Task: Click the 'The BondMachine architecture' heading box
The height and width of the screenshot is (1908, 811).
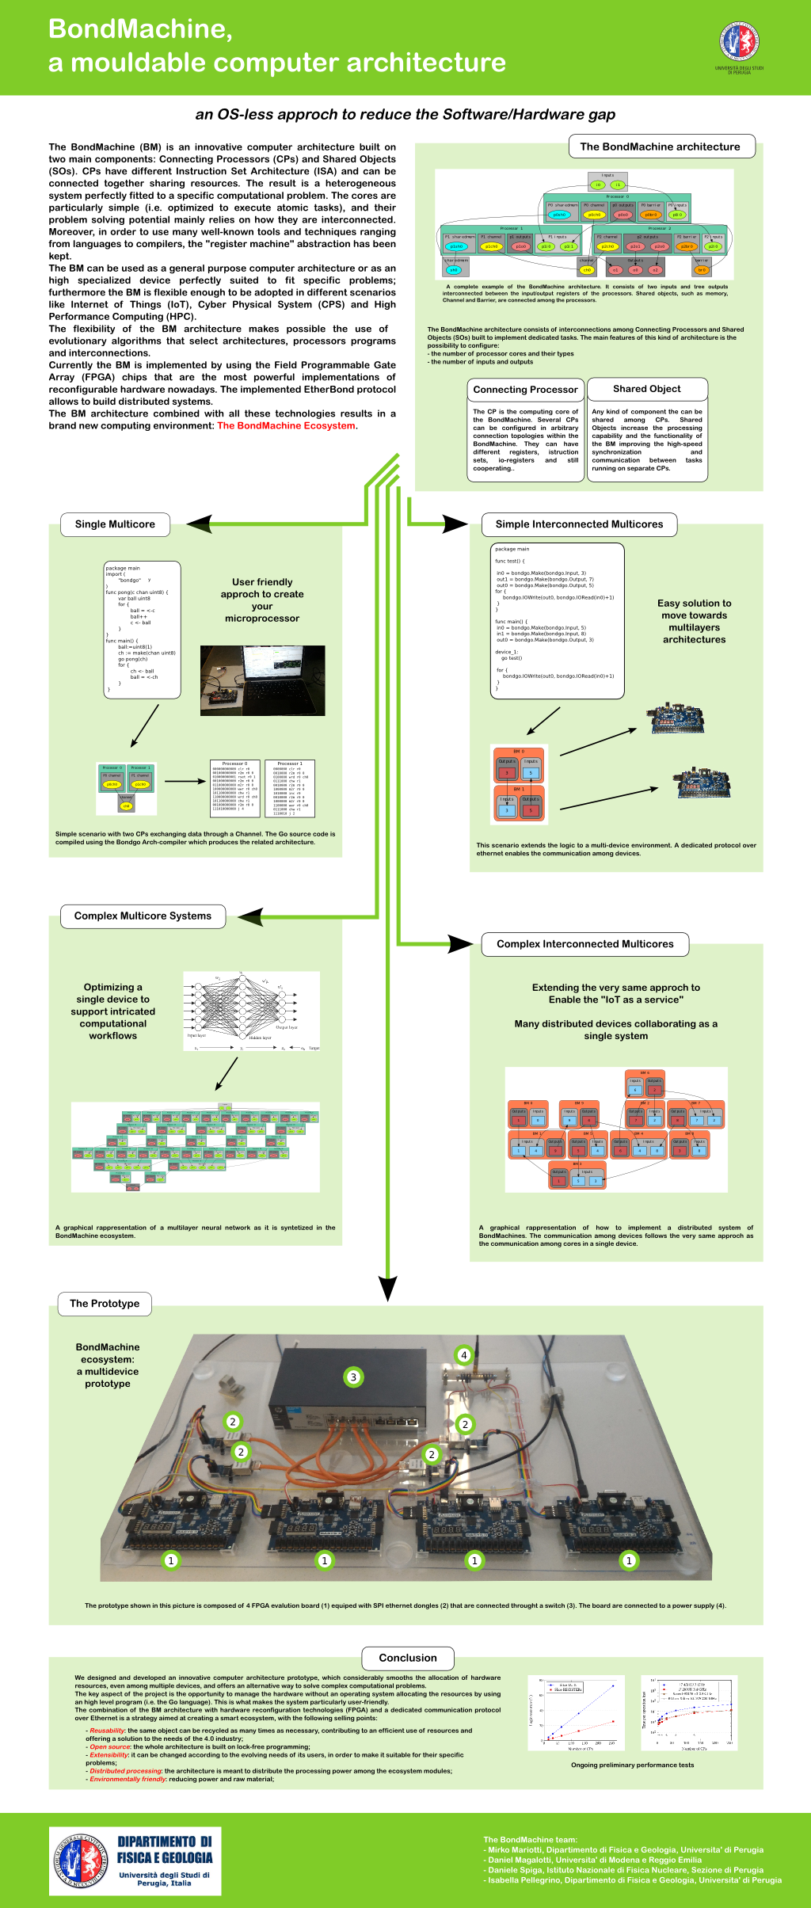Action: click(661, 147)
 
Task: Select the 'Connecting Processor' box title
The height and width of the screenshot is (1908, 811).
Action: click(525, 390)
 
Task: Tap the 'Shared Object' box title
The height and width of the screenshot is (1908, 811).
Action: click(647, 389)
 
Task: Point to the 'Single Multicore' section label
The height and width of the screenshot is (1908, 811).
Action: click(115, 524)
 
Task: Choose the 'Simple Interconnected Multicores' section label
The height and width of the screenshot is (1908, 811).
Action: click(579, 524)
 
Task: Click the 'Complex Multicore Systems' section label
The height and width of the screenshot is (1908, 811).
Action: click(143, 916)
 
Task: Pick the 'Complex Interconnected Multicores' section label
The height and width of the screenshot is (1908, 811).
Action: click(585, 944)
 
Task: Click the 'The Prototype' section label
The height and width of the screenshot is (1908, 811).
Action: click(105, 1304)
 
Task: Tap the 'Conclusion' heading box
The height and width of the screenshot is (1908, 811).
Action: click(408, 1658)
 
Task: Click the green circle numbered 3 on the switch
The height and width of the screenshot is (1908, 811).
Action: click(353, 1377)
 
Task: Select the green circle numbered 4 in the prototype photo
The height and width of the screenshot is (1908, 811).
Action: click(464, 1355)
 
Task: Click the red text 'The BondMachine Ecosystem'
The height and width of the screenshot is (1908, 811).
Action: click(287, 426)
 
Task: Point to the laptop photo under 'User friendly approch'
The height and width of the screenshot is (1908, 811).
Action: click(262, 680)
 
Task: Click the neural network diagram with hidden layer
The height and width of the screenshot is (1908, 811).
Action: click(251, 1011)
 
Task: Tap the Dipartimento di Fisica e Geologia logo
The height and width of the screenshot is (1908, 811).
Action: click(135, 1860)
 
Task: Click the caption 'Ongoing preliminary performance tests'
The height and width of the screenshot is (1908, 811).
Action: click(632, 1765)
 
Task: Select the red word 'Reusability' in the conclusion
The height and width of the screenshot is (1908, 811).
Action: click(108, 1731)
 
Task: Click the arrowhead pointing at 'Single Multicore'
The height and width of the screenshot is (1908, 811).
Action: click(199, 524)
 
